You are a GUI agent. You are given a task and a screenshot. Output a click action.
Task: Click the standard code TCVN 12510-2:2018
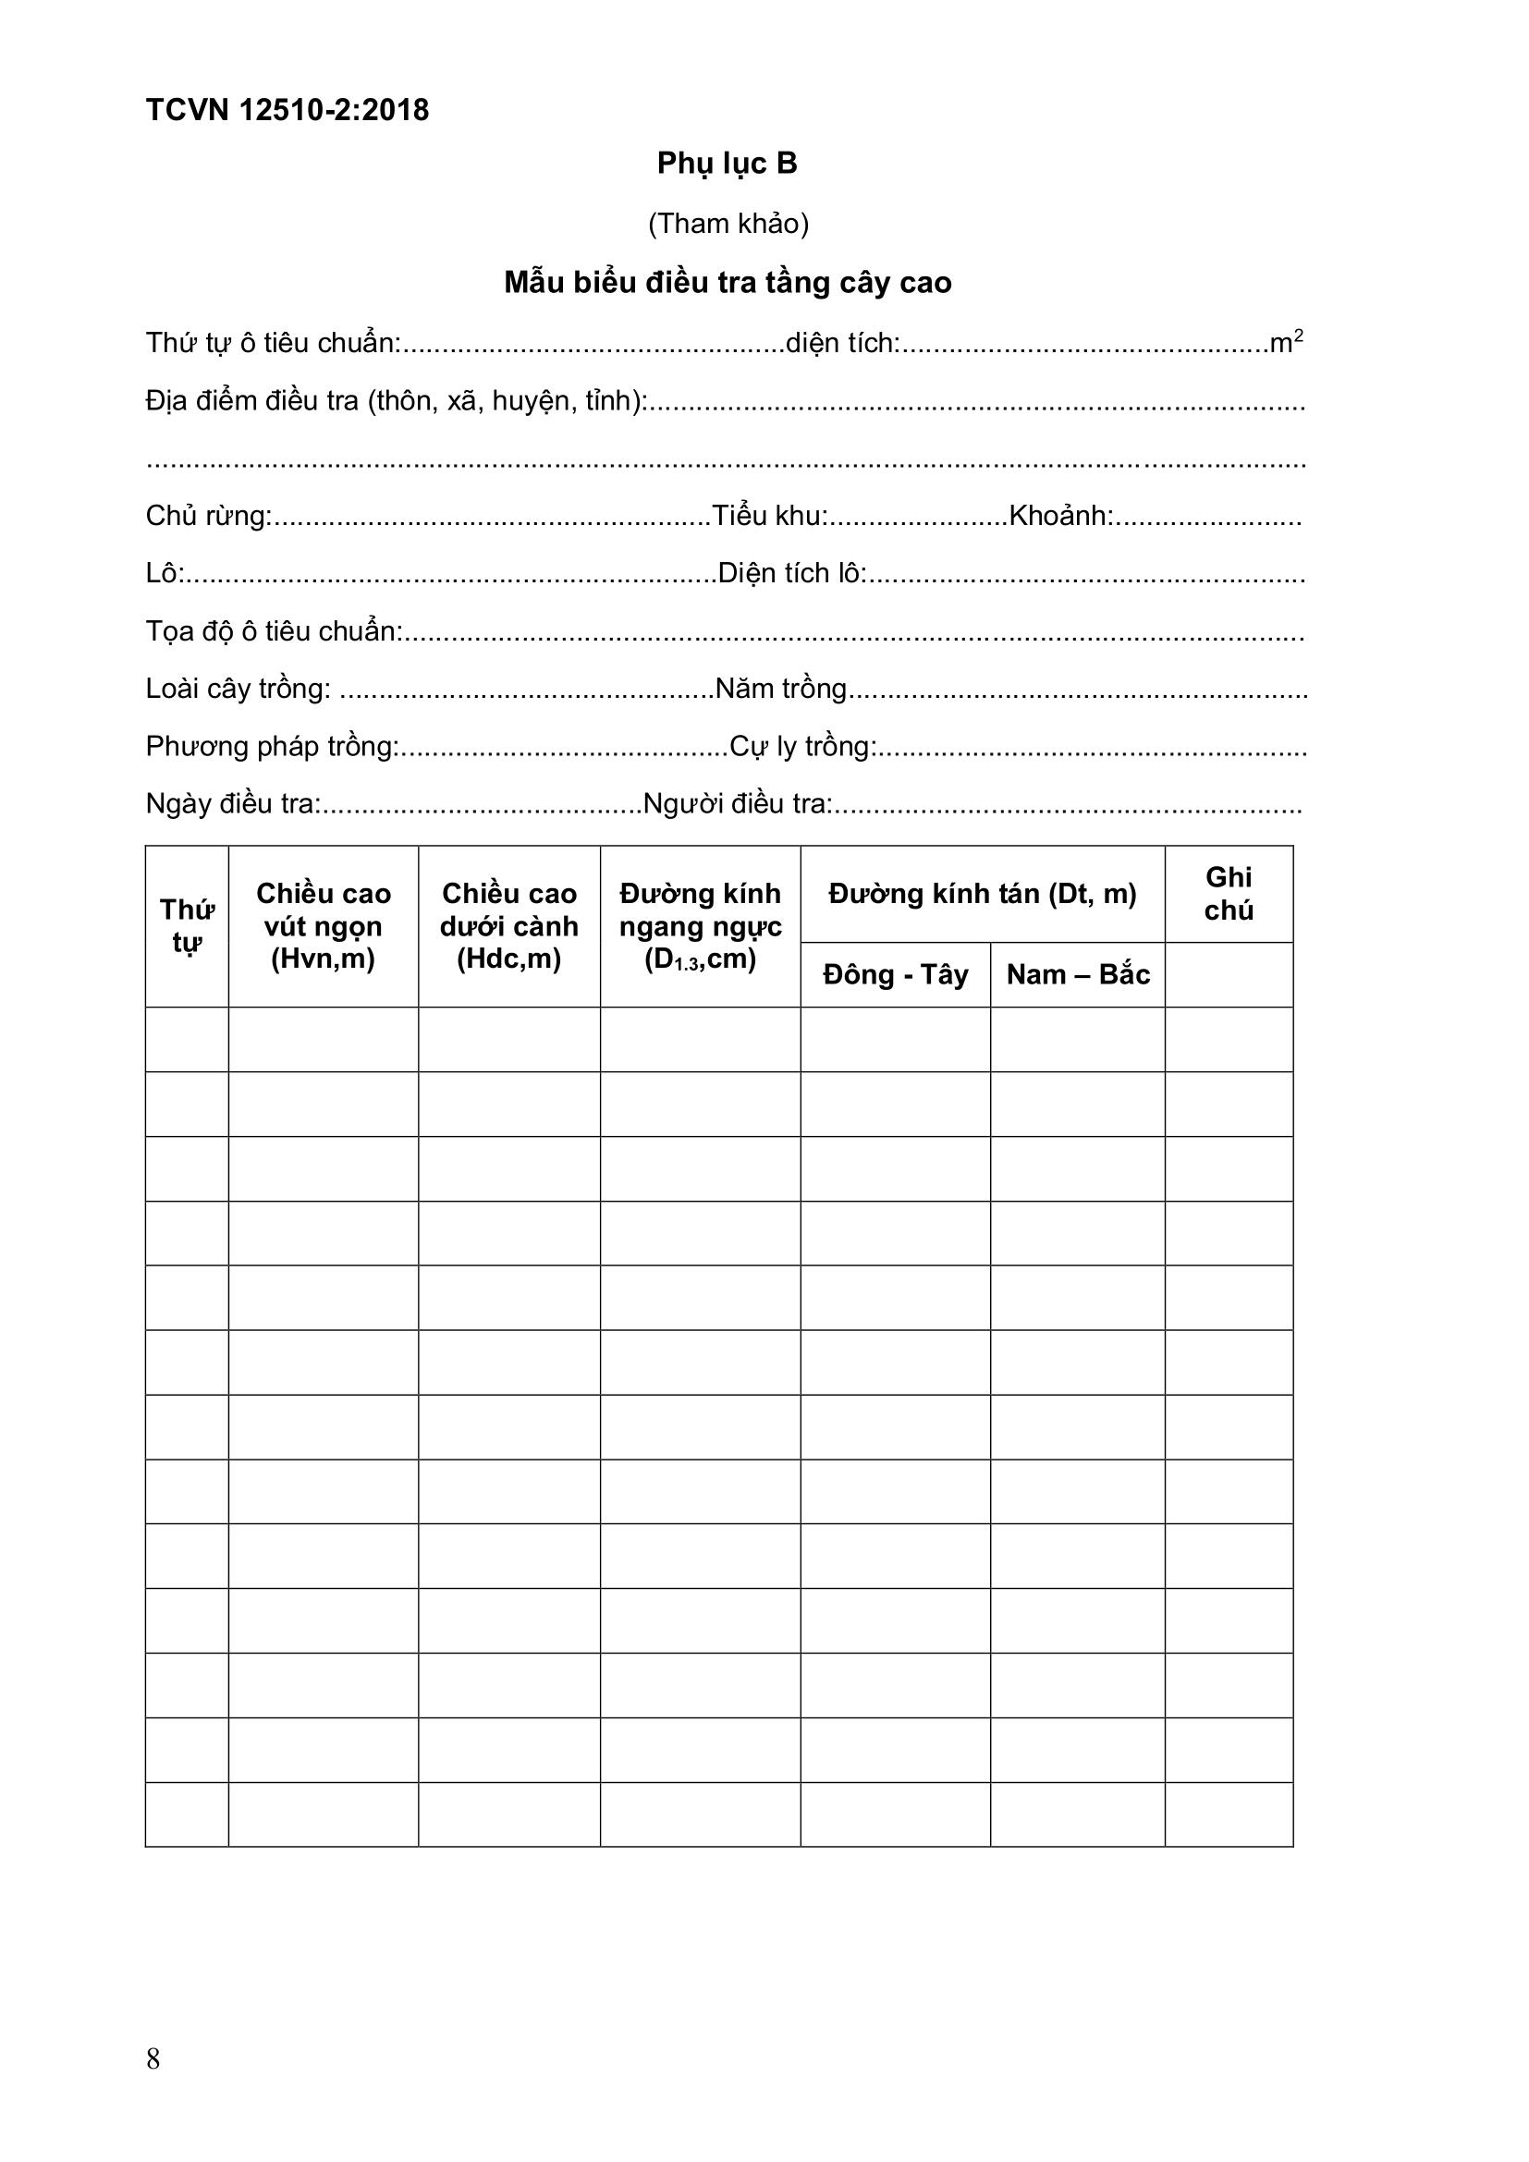tap(287, 110)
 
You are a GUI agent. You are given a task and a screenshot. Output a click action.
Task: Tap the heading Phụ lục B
tap(727, 164)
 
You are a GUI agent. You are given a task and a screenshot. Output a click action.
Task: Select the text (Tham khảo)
tap(728, 223)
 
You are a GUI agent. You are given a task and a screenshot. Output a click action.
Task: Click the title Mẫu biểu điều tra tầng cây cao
tap(728, 283)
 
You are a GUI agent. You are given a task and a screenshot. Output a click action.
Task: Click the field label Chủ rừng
tap(208, 516)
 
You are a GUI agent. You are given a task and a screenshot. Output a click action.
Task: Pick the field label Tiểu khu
tap(769, 516)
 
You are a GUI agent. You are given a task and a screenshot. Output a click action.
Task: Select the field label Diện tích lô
tap(792, 573)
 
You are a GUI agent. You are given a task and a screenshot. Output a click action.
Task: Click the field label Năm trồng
tap(781, 689)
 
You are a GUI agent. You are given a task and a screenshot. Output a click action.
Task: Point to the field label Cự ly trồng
tap(803, 747)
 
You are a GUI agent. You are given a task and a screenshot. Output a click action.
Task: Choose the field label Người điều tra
tap(737, 804)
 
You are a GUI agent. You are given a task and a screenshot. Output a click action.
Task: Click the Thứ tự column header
tap(187, 926)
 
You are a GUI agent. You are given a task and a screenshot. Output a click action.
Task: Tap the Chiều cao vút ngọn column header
tap(323, 926)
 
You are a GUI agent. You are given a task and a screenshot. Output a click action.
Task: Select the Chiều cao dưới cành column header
tap(508, 926)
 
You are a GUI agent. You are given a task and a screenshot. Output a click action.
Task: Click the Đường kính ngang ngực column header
tap(700, 926)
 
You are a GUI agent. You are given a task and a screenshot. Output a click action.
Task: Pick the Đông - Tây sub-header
tap(895, 974)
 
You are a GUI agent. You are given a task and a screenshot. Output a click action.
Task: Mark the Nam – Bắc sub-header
tap(1077, 974)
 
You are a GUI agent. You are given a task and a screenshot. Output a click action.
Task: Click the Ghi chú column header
tap(1229, 894)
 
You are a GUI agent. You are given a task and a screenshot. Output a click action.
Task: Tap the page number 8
tap(153, 2059)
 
